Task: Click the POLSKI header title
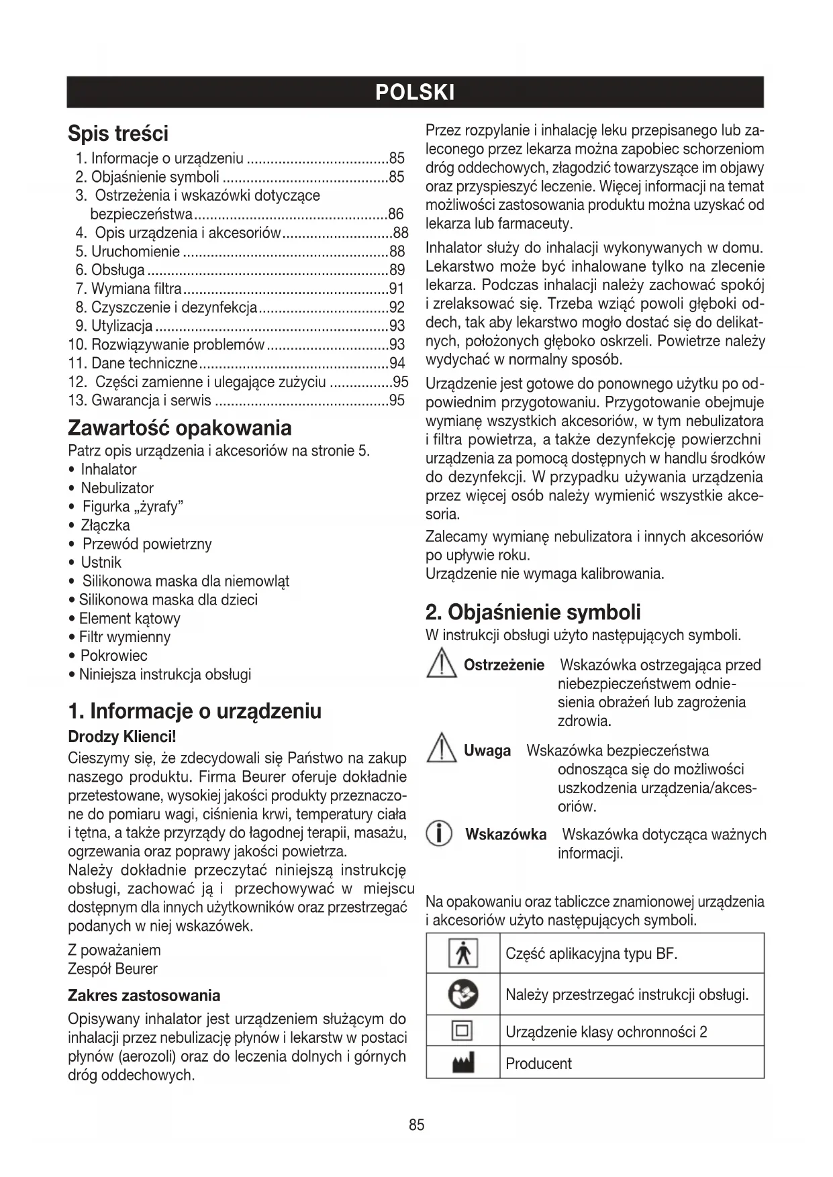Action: [415, 93]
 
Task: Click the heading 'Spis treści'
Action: [118, 134]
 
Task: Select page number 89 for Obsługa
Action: [397, 270]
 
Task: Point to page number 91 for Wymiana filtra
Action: [397, 289]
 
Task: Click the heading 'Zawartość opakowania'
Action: [180, 428]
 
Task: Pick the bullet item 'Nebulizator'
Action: [117, 488]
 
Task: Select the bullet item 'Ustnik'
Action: [101, 562]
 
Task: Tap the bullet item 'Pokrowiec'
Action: [113, 656]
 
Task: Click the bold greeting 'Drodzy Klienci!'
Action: [121, 736]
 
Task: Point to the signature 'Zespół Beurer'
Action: [113, 969]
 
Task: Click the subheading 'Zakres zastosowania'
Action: [144, 995]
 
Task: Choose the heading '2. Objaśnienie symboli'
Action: [533, 612]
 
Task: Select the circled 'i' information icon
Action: [439, 835]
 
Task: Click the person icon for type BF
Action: [462, 954]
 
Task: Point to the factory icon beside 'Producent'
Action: [462, 1063]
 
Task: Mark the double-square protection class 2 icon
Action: [462, 1031]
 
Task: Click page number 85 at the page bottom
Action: [416, 1125]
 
